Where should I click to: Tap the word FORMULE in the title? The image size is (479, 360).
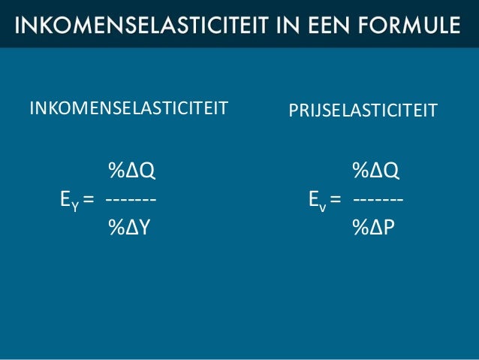pos(407,24)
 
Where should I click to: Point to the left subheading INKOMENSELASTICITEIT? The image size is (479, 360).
pos(128,109)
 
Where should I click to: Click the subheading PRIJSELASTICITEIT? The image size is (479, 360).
pos(363,111)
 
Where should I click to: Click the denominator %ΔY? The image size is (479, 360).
pos(129,226)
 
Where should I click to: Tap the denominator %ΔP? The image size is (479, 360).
pos(373,226)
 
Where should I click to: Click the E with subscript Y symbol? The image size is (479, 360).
pos(69,200)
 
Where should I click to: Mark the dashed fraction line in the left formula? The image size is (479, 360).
pos(131,200)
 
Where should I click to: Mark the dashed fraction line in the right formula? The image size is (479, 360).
pos(378,200)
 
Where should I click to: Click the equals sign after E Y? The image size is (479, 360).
pos(89,200)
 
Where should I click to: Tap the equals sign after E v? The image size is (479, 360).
pos(335,200)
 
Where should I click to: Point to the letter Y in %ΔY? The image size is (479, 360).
pos(144,226)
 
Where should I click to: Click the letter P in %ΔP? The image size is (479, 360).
pos(388,226)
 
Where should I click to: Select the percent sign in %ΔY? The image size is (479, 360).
pos(116,226)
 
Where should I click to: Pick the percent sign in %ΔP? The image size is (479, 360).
pos(360,226)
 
